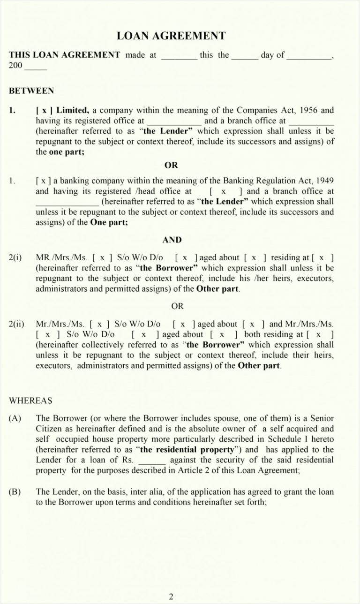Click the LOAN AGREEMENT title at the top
click(171, 36)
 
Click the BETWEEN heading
click(31, 91)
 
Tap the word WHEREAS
click(30, 400)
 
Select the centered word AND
click(172, 240)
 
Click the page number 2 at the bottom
click(171, 596)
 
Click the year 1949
click(323, 181)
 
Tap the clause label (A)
click(15, 418)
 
